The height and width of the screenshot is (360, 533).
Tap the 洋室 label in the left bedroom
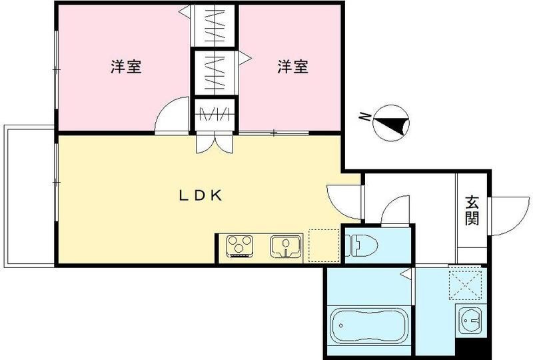(x=126, y=67)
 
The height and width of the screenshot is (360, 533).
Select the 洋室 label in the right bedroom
(x=293, y=67)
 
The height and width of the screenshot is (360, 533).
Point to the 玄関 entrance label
(x=472, y=211)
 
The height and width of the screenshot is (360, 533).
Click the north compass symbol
(x=392, y=122)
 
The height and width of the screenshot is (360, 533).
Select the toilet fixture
(x=361, y=244)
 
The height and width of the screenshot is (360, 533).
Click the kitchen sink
(x=286, y=245)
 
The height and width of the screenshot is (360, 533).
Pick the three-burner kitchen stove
(x=241, y=245)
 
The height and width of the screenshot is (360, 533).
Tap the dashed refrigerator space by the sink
(x=323, y=245)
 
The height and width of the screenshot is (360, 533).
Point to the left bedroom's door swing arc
(x=171, y=117)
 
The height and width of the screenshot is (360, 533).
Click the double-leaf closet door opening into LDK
(x=215, y=143)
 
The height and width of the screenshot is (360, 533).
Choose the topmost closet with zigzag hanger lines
(x=215, y=25)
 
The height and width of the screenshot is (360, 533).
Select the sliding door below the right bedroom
(x=274, y=133)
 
